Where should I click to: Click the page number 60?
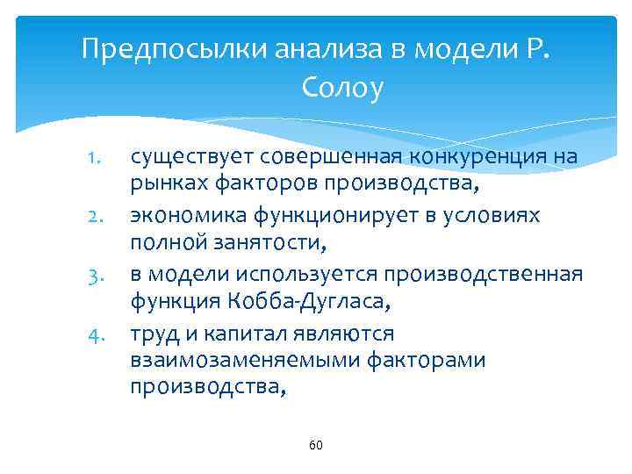[x=316, y=446]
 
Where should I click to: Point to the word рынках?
[x=164, y=184]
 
